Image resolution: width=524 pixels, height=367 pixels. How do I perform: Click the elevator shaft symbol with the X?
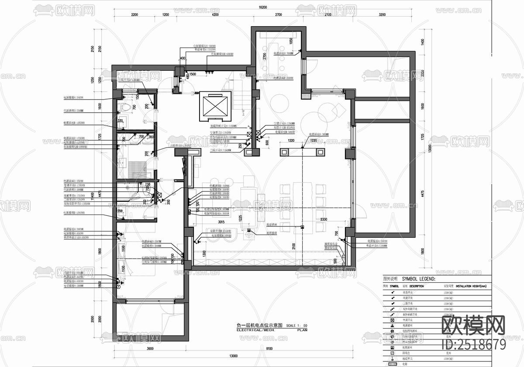coord(214,106)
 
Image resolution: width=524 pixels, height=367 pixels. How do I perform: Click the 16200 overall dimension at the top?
coord(262,7)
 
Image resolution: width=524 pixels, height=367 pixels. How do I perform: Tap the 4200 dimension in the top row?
coord(215,14)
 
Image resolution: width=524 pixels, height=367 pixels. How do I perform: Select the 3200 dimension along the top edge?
coord(382,14)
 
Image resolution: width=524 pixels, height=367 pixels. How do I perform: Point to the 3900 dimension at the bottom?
coord(149,349)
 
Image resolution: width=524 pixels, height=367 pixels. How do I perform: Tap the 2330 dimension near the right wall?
coord(324,219)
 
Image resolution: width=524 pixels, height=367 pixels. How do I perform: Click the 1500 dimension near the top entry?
coord(193,75)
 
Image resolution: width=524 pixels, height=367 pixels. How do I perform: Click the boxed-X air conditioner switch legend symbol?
coord(393,320)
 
